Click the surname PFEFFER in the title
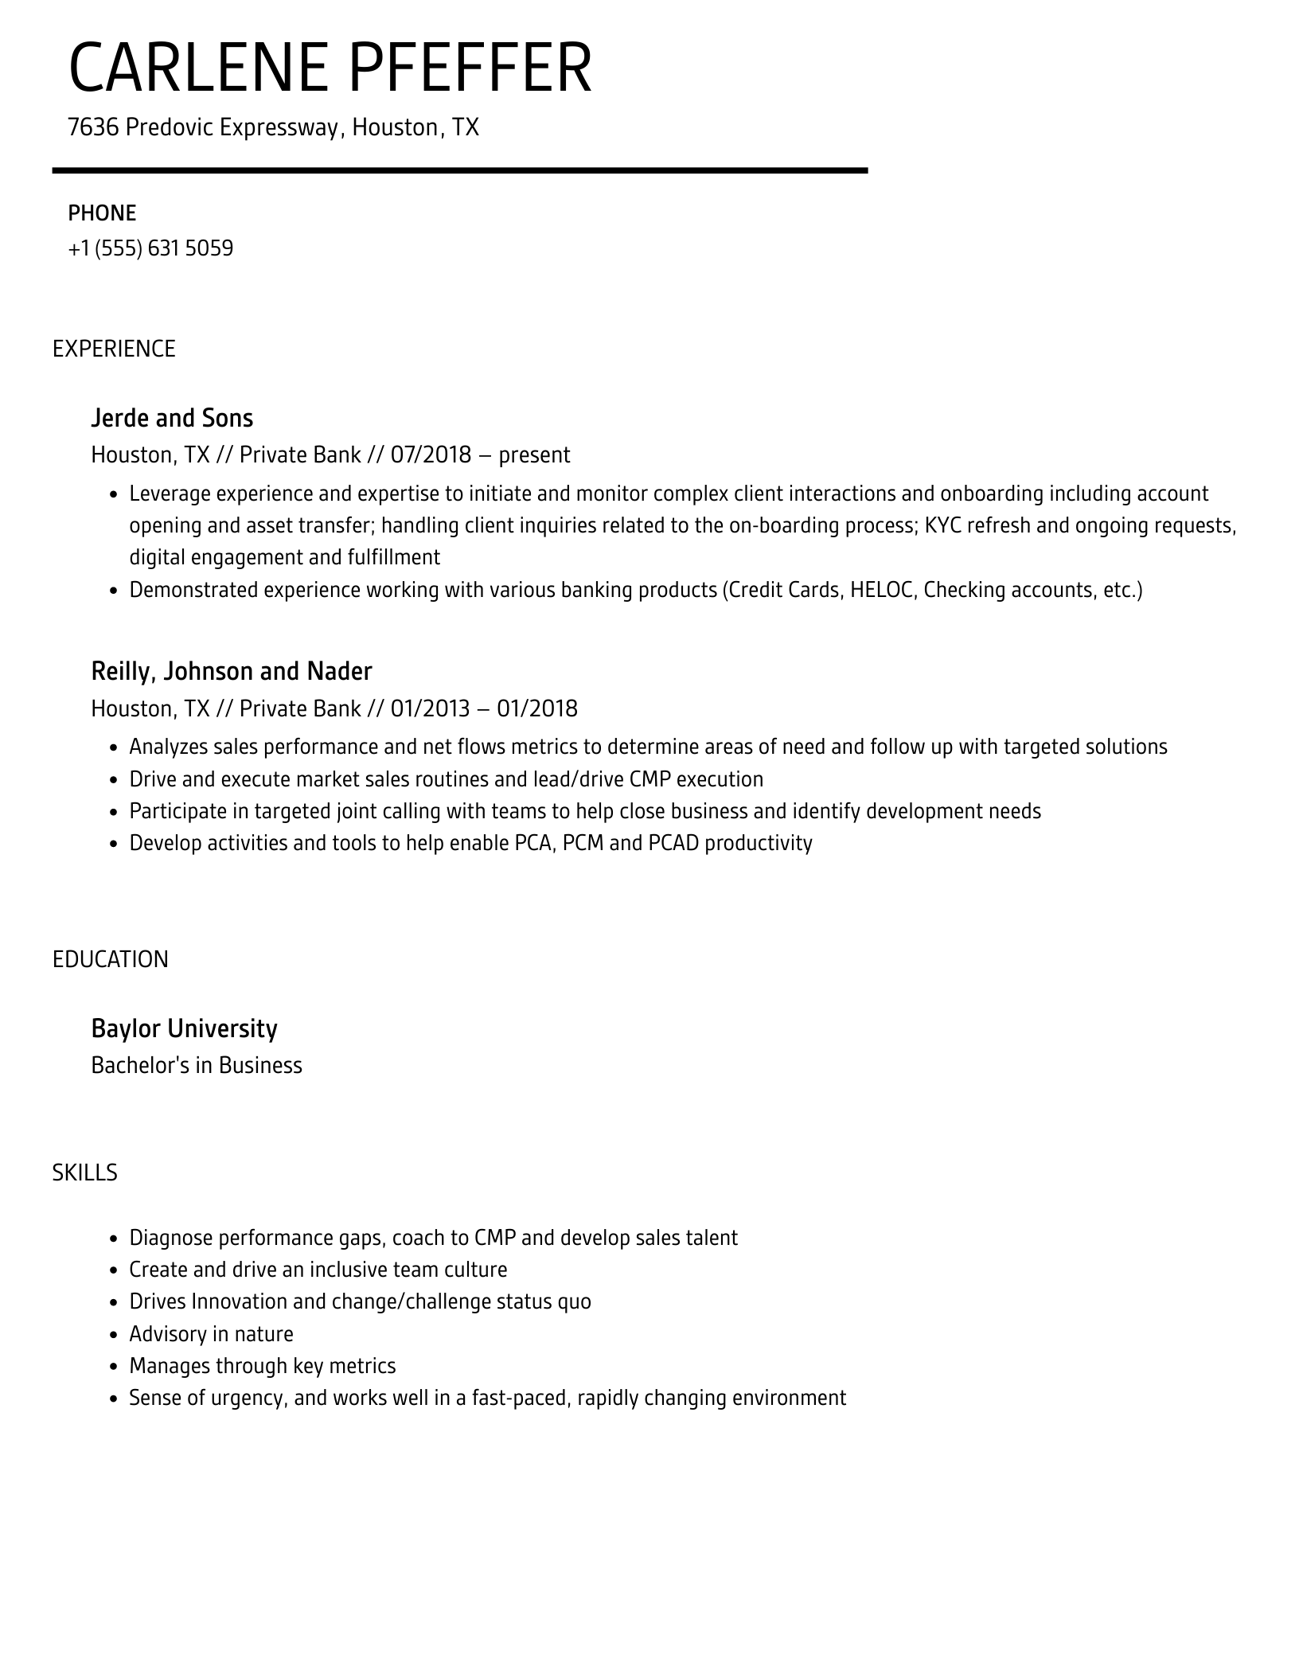pos(470,69)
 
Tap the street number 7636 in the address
pos(93,127)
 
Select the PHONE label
pos(102,213)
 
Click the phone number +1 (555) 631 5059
pos(150,249)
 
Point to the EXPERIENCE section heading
pos(114,349)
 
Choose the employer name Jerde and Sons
pos(172,418)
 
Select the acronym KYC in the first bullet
pos(943,526)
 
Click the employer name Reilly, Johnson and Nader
pos(232,672)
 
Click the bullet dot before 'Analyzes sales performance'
pos(113,748)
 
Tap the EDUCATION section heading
pos(111,960)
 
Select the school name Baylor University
pos(184,1029)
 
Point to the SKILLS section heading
pos(85,1173)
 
